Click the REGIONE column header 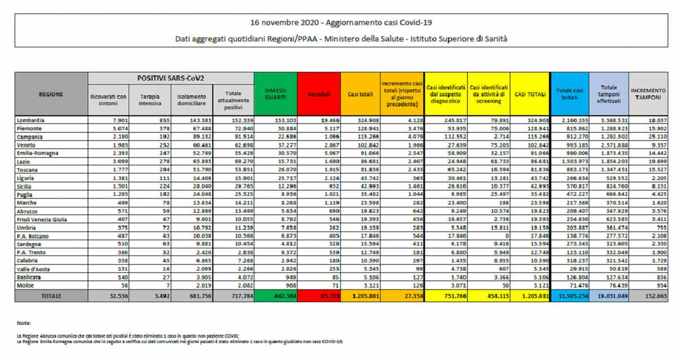[x=51, y=94]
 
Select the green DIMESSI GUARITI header [x=275, y=94]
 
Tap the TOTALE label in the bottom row [x=51, y=295]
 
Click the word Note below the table [x=24, y=323]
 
